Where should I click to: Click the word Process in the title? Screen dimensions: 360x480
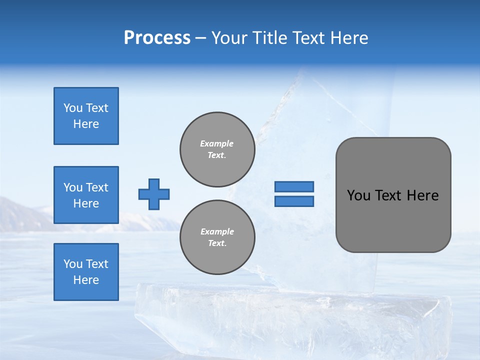157,38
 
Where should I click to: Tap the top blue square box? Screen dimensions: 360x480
86,116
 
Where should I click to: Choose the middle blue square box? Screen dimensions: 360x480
86,195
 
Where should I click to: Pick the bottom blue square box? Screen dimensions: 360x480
86,272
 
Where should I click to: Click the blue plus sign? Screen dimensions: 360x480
154,194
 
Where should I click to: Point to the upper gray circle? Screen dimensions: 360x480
217,149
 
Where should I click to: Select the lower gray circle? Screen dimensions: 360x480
217,237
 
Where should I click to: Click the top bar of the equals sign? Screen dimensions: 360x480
294,186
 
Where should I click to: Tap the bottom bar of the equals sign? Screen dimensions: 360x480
294,201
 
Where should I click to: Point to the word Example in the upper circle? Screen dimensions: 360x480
217,143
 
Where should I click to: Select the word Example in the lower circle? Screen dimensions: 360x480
217,231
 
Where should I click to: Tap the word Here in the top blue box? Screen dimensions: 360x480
86,124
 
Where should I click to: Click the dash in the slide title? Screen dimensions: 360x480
200,38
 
